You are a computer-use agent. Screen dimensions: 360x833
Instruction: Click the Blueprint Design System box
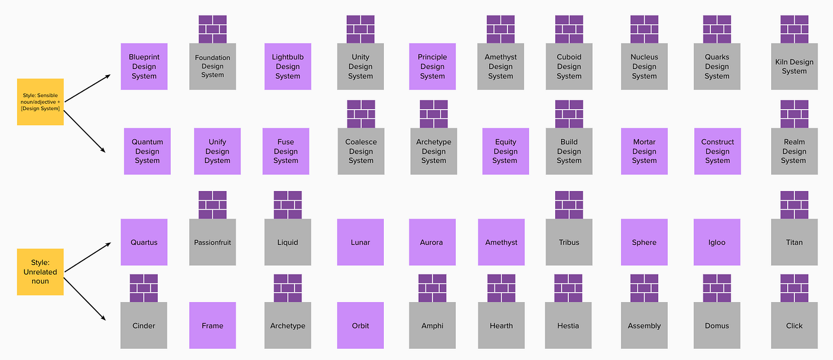(144, 67)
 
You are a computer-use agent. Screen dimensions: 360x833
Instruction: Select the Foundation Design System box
(212, 67)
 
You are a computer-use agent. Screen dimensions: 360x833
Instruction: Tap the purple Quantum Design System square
(148, 151)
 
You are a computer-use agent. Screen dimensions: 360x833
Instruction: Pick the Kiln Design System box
(794, 67)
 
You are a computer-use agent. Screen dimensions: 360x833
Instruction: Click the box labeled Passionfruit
(212, 242)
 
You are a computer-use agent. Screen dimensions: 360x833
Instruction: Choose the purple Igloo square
(717, 242)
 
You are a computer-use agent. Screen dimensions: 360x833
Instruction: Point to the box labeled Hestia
(568, 325)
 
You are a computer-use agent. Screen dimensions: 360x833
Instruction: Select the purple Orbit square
(361, 325)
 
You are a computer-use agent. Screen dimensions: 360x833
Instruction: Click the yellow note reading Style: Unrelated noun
(40, 272)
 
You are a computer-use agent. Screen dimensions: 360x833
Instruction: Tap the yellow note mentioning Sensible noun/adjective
(40, 102)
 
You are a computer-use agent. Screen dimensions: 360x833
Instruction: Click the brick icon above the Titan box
(794, 205)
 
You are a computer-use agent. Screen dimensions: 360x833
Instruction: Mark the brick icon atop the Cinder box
(143, 288)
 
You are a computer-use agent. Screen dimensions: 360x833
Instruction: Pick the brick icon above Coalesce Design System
(361, 114)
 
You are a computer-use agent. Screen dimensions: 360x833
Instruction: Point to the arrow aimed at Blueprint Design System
(87, 87)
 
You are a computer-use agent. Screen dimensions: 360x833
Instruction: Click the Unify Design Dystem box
(217, 151)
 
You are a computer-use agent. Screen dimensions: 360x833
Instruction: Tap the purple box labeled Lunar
(361, 242)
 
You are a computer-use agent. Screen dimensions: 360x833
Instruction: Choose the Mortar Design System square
(644, 151)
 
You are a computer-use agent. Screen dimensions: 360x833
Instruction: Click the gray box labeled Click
(794, 325)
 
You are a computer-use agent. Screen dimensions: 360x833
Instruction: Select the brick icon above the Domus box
(717, 288)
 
